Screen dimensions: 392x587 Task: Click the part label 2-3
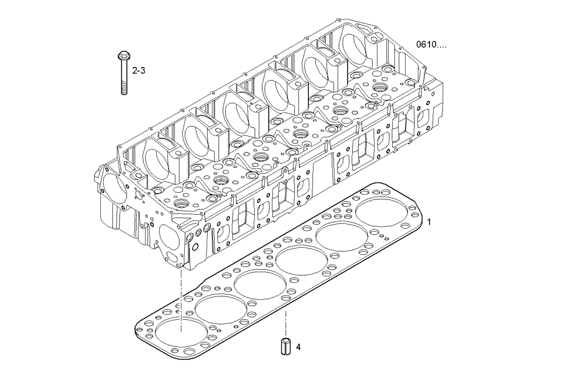tap(139, 70)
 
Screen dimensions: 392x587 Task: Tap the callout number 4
tap(298, 347)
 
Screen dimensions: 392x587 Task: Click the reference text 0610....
tap(431, 45)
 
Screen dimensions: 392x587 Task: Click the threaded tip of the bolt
tap(124, 90)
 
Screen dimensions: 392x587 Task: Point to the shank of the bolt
tap(124, 73)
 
